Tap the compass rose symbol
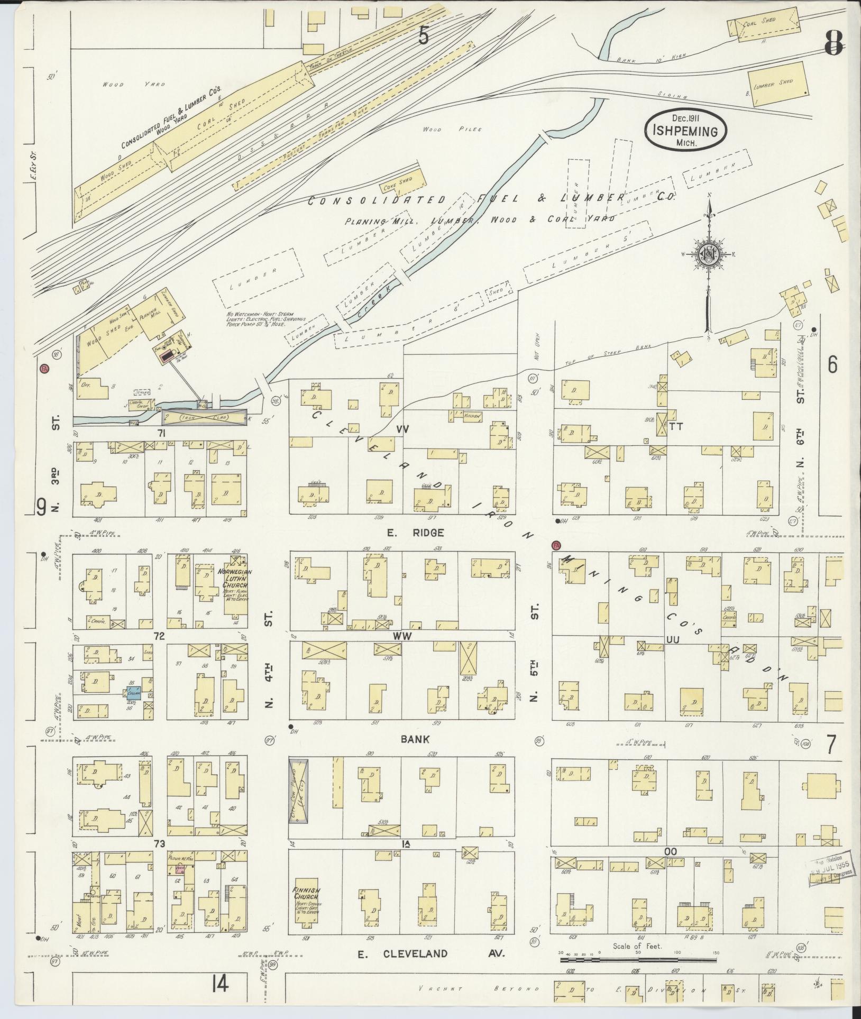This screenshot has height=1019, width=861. click(x=708, y=254)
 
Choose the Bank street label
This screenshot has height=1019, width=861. click(x=415, y=739)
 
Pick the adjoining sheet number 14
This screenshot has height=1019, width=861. click(x=221, y=984)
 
